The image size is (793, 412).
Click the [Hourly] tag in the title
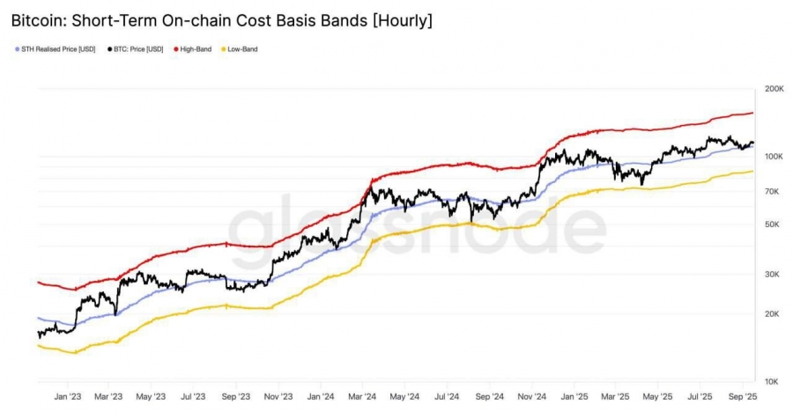point(400,19)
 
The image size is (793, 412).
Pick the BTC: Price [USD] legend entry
point(139,48)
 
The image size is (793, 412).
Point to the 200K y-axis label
point(774,89)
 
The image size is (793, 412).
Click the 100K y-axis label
point(774,157)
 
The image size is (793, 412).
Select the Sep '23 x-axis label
point(236,397)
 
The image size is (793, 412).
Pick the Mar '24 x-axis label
point(363,397)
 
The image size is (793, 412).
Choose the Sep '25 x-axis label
point(744,397)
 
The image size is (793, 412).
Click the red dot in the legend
point(177,48)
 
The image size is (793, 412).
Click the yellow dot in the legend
point(223,48)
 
